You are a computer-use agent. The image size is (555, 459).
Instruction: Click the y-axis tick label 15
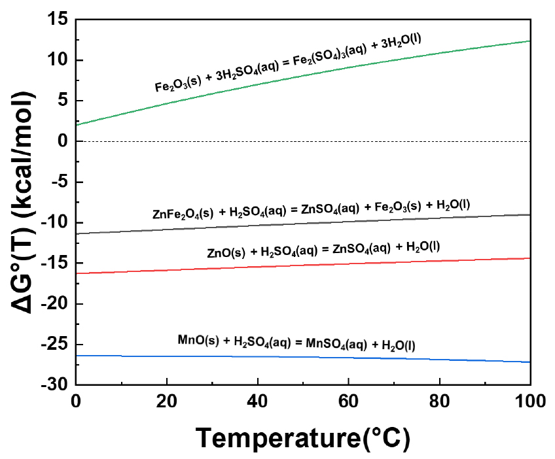pyautogui.click(x=57, y=20)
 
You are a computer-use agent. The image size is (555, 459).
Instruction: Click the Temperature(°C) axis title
pyautogui.click(x=303, y=437)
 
